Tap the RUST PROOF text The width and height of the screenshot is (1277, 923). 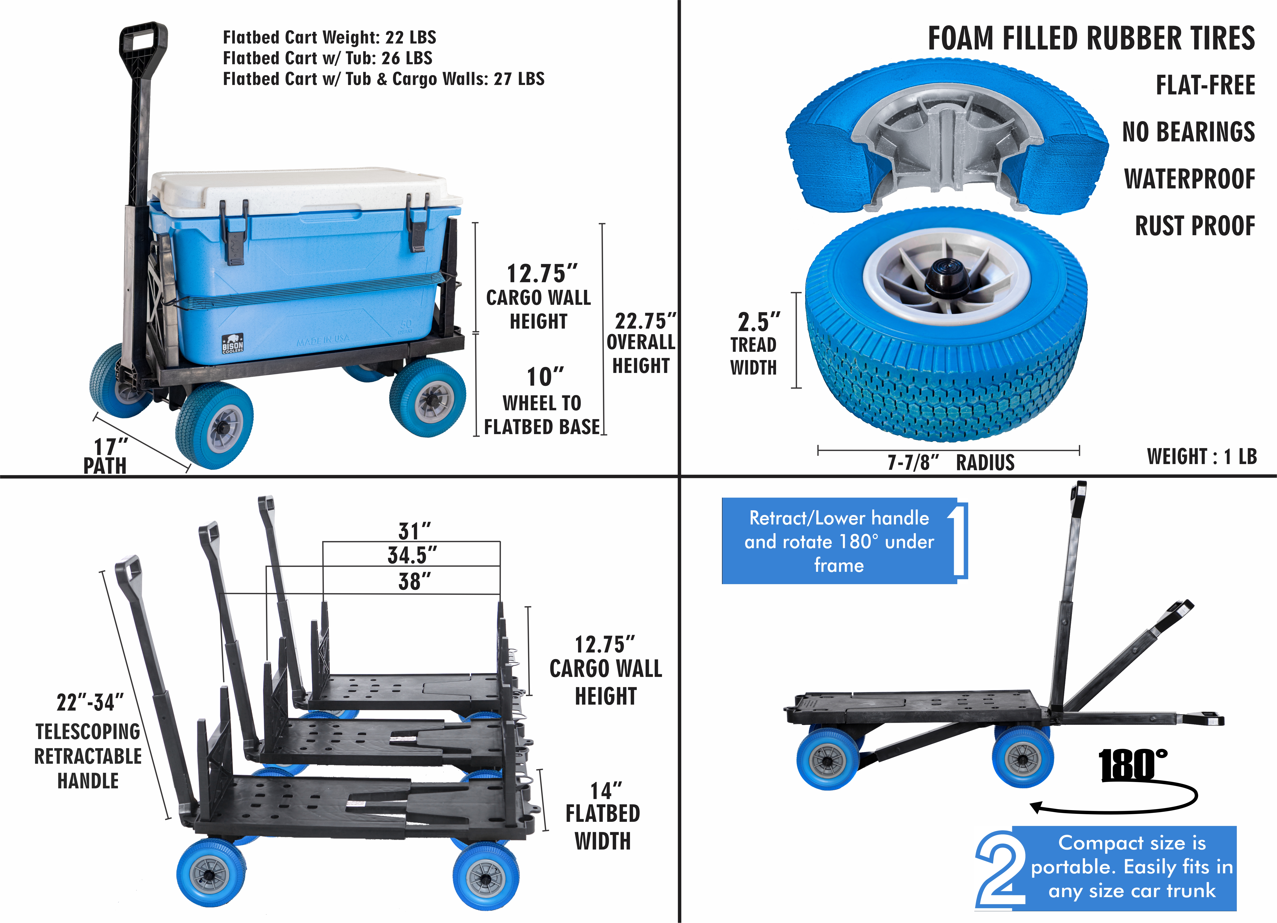[x=1195, y=226]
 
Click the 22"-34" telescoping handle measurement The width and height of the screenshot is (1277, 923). [x=90, y=703]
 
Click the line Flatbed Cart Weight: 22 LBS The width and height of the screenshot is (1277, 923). [x=329, y=37]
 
